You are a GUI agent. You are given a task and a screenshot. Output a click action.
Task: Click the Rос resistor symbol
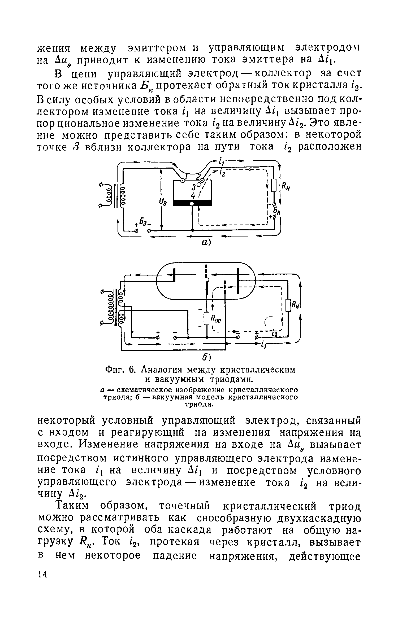[207, 318]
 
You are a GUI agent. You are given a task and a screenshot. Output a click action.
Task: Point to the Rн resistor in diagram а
[274, 185]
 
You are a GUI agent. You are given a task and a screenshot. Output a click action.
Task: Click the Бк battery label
[278, 210]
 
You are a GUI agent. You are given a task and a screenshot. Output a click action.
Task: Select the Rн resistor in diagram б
[288, 305]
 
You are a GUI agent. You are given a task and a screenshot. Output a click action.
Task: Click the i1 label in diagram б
[263, 345]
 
